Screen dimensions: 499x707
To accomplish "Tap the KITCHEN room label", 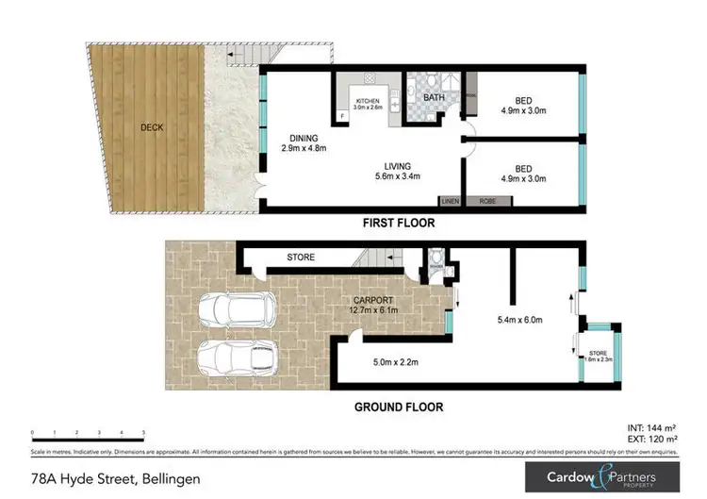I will tap(367, 103).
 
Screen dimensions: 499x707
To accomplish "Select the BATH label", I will tap(434, 97).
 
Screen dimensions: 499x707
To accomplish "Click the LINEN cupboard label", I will tap(450, 201).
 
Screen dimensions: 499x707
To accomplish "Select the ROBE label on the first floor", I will tap(487, 201).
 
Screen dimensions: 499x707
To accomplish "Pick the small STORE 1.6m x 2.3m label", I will tap(600, 355).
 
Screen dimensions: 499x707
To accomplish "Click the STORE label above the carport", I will tap(301, 257).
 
